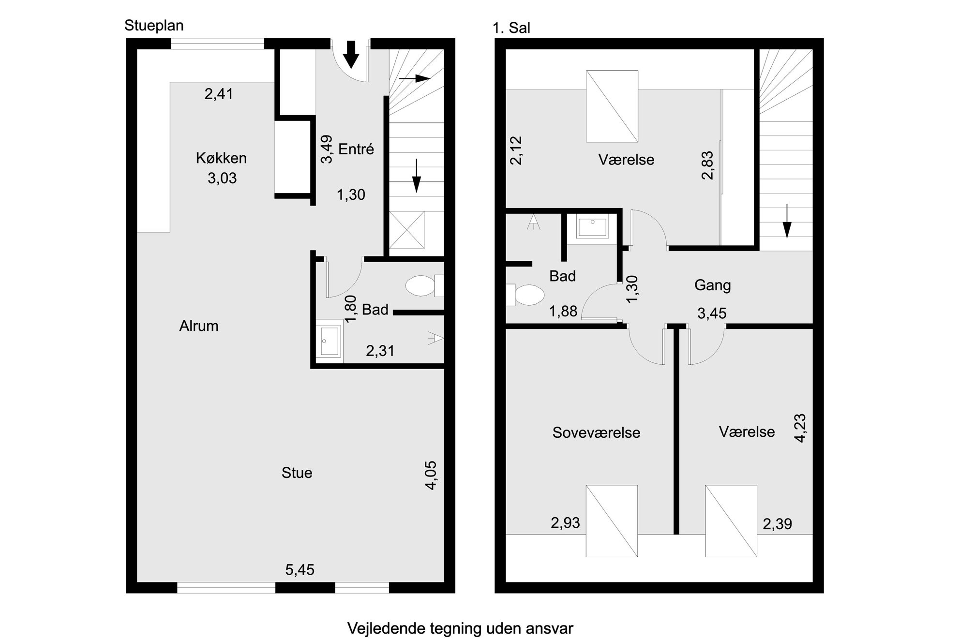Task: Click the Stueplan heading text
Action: pos(154,26)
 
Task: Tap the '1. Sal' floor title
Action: pos(511,28)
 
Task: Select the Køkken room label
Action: pos(221,158)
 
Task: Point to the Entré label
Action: pos(356,149)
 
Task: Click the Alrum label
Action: pos(199,326)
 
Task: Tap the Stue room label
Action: pos(297,473)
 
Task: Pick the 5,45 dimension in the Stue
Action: pos(300,570)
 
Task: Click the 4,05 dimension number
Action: pos(431,476)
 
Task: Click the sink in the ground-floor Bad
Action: pos(330,341)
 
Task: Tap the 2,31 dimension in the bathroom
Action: pos(380,351)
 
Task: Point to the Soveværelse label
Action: pos(596,432)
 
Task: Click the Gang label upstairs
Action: pos(712,285)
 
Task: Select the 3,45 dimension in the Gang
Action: pos(712,313)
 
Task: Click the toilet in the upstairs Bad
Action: pos(525,295)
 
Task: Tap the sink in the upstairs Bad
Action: pos(592,227)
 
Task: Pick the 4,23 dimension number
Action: pos(800,428)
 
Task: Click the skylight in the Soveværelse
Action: pos(612,521)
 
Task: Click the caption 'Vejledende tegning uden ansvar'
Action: pos(460,628)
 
